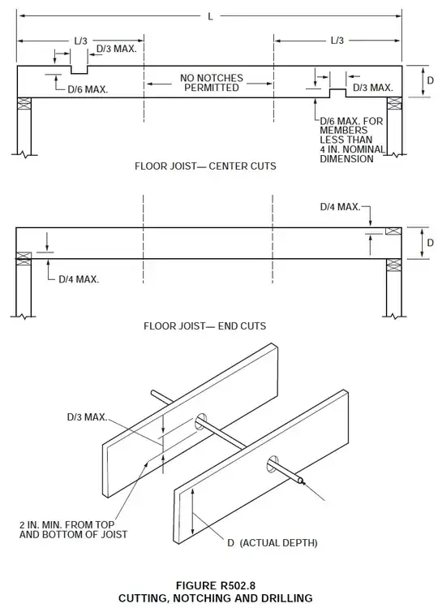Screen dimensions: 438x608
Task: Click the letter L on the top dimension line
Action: [210, 16]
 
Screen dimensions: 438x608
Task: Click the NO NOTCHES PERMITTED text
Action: [211, 83]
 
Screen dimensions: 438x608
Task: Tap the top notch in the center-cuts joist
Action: [79, 70]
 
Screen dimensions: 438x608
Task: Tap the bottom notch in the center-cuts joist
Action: [337, 93]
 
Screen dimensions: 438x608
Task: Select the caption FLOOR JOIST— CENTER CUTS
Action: [205, 166]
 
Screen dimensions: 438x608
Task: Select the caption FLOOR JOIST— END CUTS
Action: [204, 326]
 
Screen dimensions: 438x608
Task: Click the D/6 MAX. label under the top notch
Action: [88, 89]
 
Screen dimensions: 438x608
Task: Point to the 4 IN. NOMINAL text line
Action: [352, 149]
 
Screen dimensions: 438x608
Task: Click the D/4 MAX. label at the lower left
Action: [79, 279]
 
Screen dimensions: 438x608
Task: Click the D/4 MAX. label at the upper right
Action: [340, 207]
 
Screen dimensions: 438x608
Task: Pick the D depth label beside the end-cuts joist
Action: [430, 243]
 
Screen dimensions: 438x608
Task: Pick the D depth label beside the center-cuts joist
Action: [430, 80]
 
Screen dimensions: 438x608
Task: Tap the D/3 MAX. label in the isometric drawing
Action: [87, 417]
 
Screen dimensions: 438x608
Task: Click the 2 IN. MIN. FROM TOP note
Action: [67, 524]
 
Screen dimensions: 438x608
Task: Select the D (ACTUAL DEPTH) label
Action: [272, 543]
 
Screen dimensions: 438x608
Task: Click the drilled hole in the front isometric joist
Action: [273, 464]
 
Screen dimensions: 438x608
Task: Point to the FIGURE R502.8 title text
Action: [216, 585]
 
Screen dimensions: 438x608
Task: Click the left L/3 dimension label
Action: [80, 41]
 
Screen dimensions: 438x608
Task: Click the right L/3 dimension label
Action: [337, 41]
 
